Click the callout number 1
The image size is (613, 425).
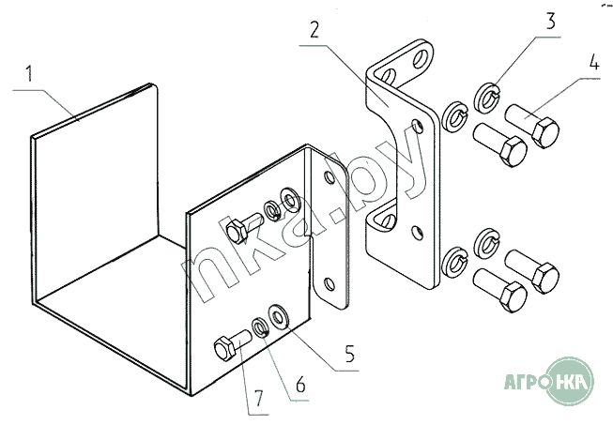(x=28, y=74)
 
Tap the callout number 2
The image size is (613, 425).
(x=314, y=30)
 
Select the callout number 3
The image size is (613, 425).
(x=550, y=21)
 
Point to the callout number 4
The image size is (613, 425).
(x=594, y=62)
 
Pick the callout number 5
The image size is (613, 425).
(x=349, y=353)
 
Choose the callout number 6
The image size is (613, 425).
(x=300, y=385)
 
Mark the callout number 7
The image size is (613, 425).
(x=259, y=399)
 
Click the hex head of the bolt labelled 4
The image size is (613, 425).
(x=545, y=133)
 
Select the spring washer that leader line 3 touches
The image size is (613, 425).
(x=487, y=99)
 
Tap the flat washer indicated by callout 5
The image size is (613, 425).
(x=278, y=316)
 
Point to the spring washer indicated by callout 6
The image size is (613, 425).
(x=260, y=327)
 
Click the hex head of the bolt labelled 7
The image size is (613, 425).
(x=225, y=348)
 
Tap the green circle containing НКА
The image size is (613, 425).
(x=570, y=381)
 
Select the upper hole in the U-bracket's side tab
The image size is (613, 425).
(x=329, y=177)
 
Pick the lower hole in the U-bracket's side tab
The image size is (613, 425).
(x=329, y=284)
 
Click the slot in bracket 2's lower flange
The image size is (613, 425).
(x=388, y=220)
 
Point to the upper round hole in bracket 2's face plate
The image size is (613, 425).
(x=418, y=126)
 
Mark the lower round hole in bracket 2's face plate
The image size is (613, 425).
(x=418, y=233)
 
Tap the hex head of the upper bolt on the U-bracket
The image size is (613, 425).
(x=237, y=231)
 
